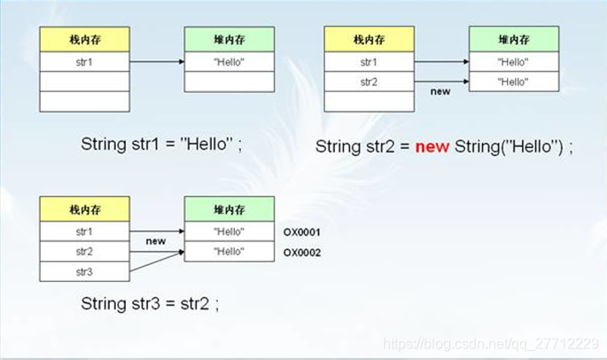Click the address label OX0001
(301, 232)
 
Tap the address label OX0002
(301, 253)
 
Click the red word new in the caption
(433, 146)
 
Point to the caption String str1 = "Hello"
(160, 144)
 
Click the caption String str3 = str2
(149, 303)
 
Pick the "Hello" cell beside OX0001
(229, 232)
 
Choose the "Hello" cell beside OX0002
(229, 253)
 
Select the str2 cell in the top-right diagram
(369, 82)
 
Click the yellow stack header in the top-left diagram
(84, 39)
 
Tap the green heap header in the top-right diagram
(514, 39)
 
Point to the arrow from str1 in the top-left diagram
(157, 62)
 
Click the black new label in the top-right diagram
(440, 91)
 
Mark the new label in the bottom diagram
(156, 241)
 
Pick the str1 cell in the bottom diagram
(84, 232)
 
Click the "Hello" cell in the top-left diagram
(229, 62)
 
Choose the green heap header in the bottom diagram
(229, 210)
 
